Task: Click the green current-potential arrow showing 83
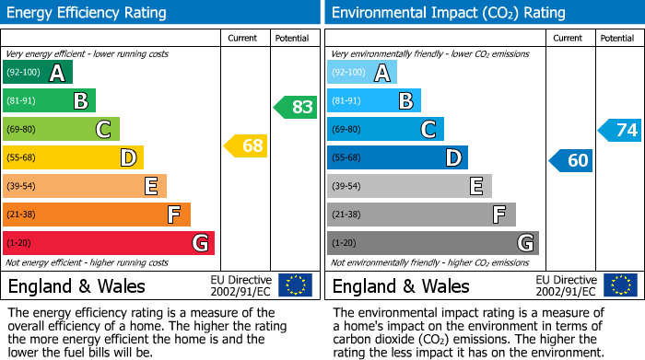[296, 107]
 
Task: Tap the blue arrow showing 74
[620, 130]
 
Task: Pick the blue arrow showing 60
[571, 161]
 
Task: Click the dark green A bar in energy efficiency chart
[38, 73]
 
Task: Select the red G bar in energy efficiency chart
[109, 243]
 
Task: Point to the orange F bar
[97, 215]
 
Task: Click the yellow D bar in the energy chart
[73, 157]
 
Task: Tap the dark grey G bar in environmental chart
[432, 243]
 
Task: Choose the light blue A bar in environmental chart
[362, 73]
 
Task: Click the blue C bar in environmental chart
[385, 130]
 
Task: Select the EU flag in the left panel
[296, 285]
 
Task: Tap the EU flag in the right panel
[620, 285]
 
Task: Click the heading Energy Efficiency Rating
[88, 13]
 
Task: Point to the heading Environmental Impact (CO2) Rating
[448, 13]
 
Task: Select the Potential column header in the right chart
[617, 39]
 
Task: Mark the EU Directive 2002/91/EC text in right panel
[566, 285]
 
